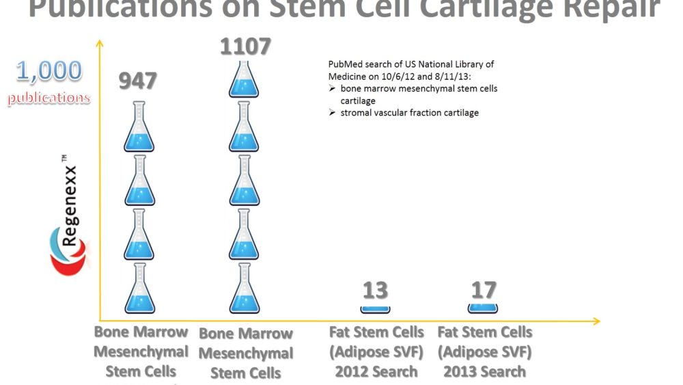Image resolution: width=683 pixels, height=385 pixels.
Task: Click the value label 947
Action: pos(138,81)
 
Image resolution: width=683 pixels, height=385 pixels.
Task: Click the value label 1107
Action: pos(245,47)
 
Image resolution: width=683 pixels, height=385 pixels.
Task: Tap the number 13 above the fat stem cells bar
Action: pos(375,291)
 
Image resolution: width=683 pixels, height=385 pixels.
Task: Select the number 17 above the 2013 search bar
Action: pos(483,290)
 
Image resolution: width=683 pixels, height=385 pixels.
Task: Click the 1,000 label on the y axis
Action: pos(48,71)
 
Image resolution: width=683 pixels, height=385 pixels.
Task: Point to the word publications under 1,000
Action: pos(48,98)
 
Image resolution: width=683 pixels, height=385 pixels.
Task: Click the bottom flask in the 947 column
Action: pos(140,288)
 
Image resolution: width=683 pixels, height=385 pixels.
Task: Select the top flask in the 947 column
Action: pos(140,127)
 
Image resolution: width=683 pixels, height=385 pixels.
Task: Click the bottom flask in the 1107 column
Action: pos(245,288)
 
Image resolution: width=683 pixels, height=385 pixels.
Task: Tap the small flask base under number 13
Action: pos(375,309)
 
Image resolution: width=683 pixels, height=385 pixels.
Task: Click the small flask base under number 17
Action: pos(483,308)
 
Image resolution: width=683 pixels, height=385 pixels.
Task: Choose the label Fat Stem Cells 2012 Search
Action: pos(376,351)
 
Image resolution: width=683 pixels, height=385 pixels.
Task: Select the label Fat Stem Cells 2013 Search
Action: pos(484,351)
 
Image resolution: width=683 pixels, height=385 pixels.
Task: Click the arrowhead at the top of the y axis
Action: pos(100,44)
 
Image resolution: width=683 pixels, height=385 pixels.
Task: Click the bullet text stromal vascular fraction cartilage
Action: pos(409,112)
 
